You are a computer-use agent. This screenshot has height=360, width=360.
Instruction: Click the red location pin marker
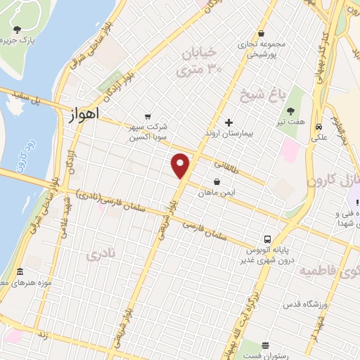click(x=181, y=165)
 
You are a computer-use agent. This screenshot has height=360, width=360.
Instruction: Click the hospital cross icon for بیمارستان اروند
click(x=229, y=122)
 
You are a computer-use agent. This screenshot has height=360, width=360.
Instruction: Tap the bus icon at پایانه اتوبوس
click(x=267, y=239)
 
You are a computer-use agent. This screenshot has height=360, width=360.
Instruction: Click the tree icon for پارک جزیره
click(x=17, y=30)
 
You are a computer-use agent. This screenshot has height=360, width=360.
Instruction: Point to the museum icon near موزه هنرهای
click(x=19, y=272)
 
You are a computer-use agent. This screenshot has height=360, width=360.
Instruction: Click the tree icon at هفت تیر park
click(x=290, y=110)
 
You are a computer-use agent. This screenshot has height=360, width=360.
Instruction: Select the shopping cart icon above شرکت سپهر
click(x=147, y=117)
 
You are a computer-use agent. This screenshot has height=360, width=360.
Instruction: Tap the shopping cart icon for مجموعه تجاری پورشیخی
click(x=262, y=33)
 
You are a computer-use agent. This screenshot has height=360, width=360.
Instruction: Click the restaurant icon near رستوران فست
click(x=264, y=346)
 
